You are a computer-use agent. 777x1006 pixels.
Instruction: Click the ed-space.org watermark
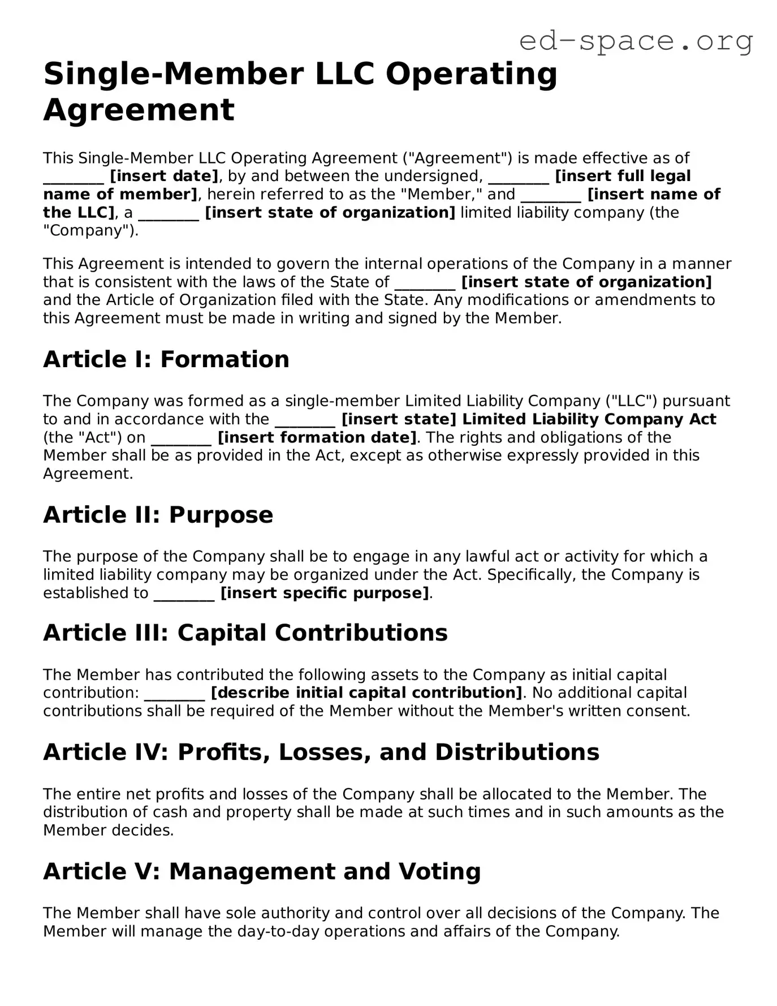636,41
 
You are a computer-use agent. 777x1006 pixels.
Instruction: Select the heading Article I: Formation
166,359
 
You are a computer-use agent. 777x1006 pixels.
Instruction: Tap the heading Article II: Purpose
158,515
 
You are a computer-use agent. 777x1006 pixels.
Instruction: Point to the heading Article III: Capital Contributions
245,633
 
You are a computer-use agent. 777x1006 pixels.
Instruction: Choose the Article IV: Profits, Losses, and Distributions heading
321,752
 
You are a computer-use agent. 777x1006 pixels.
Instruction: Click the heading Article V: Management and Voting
262,871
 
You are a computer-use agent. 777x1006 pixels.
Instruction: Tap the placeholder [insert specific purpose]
325,593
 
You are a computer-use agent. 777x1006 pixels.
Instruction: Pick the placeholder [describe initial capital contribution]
366,693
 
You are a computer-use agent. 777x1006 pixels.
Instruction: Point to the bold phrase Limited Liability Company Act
589,419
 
